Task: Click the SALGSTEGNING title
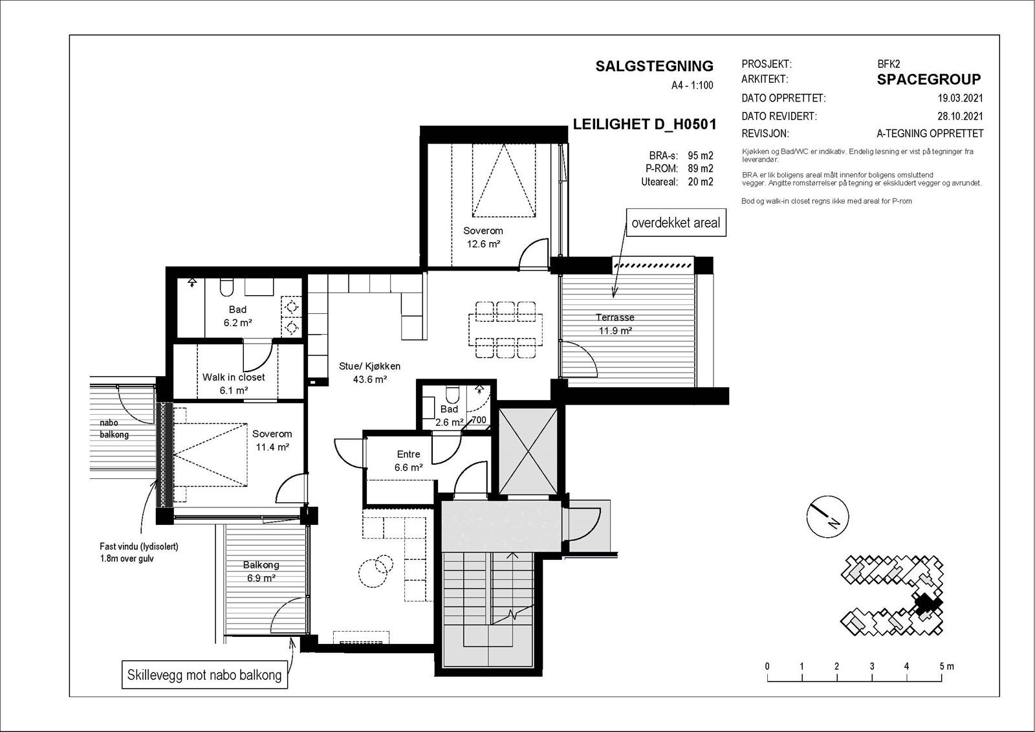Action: point(654,66)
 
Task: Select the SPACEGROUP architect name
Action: point(929,80)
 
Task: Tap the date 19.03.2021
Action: point(960,98)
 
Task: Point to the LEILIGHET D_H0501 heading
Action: point(644,124)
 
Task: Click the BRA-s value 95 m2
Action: point(701,155)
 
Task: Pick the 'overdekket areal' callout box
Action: point(676,223)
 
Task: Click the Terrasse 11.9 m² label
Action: point(615,324)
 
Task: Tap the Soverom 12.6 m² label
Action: point(483,238)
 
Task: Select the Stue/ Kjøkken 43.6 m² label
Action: point(369,373)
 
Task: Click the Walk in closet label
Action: point(234,377)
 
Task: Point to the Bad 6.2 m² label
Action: point(237,316)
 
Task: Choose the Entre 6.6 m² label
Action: point(408,461)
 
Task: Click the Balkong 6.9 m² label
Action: point(261,571)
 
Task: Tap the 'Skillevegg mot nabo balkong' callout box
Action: point(204,675)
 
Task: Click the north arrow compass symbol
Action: point(827,517)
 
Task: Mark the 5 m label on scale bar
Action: point(946,667)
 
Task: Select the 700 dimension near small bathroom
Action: point(479,420)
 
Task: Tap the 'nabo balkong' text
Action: point(114,428)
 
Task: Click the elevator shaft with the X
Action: point(528,451)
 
